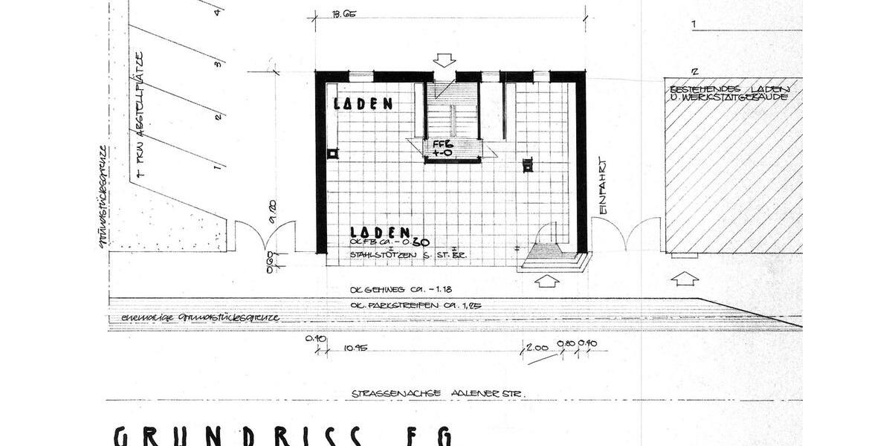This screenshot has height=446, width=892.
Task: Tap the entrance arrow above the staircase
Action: tap(446, 59)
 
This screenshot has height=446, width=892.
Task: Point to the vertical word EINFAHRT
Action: tap(604, 185)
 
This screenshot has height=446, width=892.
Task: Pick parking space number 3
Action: tap(217, 65)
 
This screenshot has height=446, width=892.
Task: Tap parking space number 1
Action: tap(216, 167)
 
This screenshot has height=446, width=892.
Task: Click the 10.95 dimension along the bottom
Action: tap(357, 348)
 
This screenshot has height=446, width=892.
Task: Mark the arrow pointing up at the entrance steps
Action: tap(547, 281)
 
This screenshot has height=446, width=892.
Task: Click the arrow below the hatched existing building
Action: tap(684, 279)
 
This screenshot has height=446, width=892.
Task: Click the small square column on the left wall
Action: tap(332, 153)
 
